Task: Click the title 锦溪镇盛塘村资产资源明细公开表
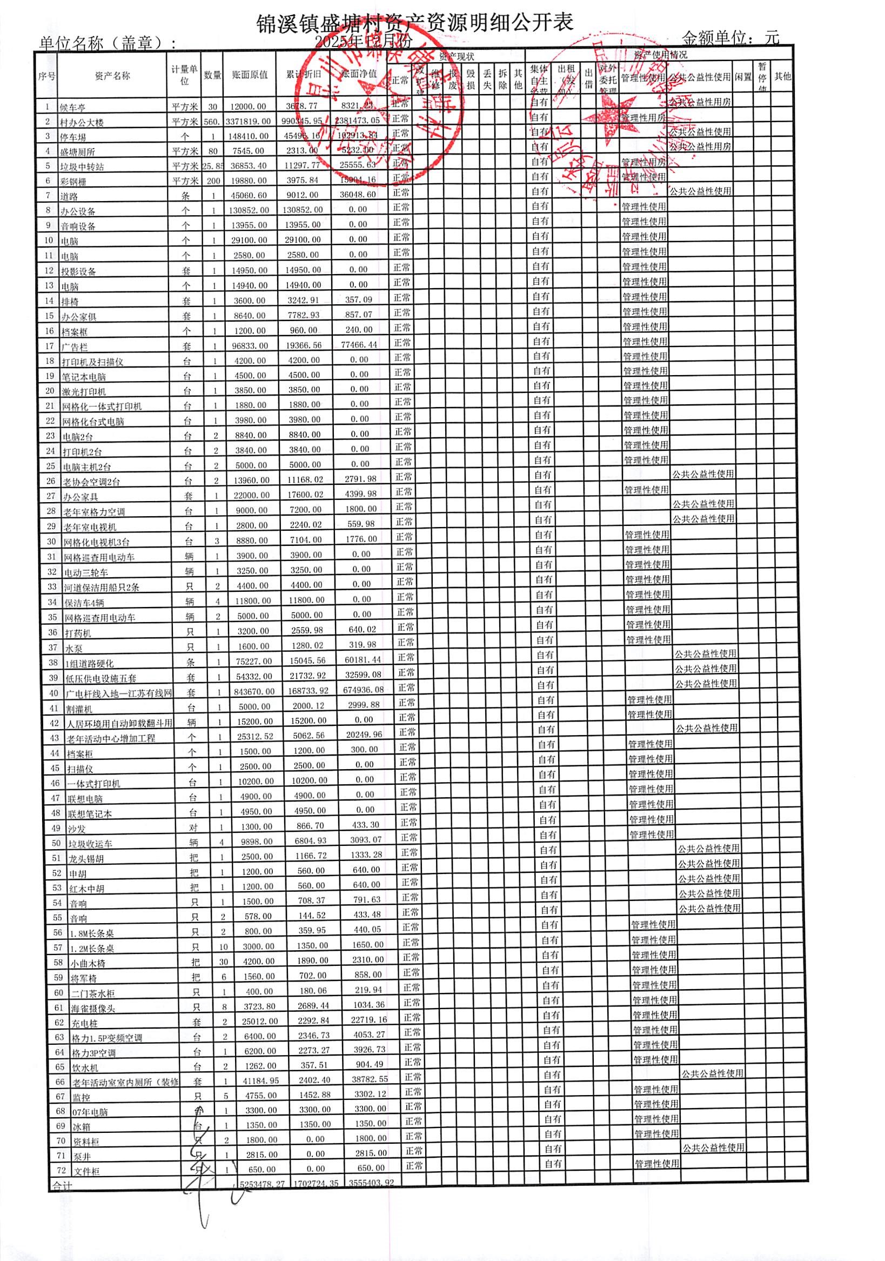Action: [x=415, y=23]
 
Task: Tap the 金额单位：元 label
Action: [x=729, y=37]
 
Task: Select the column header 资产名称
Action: [x=112, y=76]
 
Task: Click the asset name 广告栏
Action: [x=75, y=346]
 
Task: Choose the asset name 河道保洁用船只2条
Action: [x=101, y=587]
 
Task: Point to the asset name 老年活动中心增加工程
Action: [x=110, y=738]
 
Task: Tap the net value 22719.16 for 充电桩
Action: [x=367, y=1019]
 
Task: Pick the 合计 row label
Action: [x=62, y=1185]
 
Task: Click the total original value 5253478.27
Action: [x=262, y=1184]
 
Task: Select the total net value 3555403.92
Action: [x=371, y=1183]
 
